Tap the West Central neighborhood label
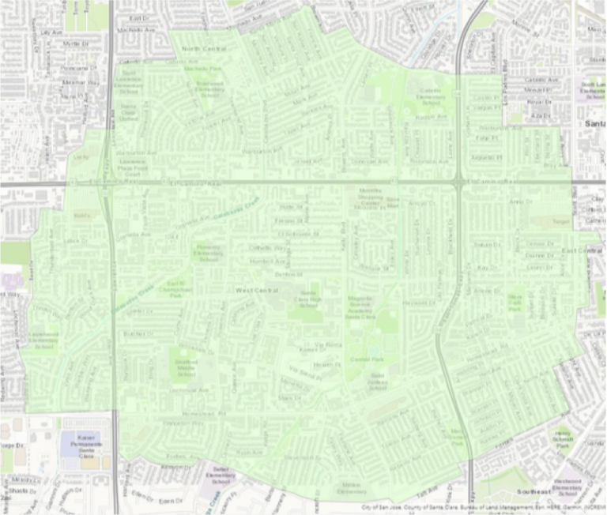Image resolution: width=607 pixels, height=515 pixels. coord(253,291)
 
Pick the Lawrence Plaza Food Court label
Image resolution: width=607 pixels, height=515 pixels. coord(133,167)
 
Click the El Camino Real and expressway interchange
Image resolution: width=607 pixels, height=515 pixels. coord(458,182)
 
